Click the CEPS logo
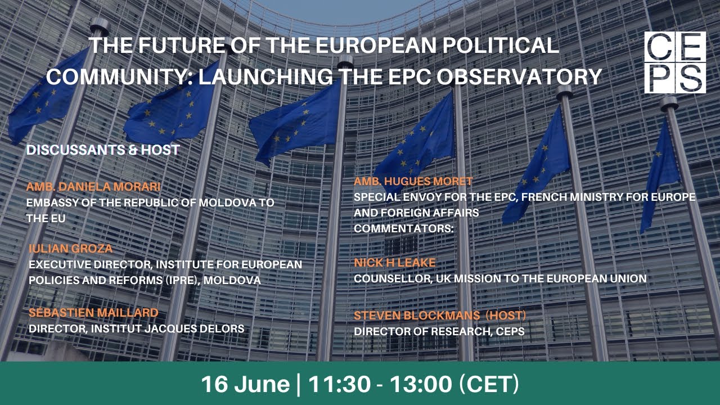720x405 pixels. [674, 62]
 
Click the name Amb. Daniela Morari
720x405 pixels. [93, 187]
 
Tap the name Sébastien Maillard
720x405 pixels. [93, 313]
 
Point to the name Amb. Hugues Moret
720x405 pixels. [413, 181]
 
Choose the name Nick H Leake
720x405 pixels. [394, 263]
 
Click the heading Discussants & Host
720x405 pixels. [103, 150]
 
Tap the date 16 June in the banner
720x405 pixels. [245, 384]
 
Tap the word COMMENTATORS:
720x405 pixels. [403, 229]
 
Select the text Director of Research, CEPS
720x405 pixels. [439, 331]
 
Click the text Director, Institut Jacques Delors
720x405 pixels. [136, 328]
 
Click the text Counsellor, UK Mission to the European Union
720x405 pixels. [500, 278]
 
